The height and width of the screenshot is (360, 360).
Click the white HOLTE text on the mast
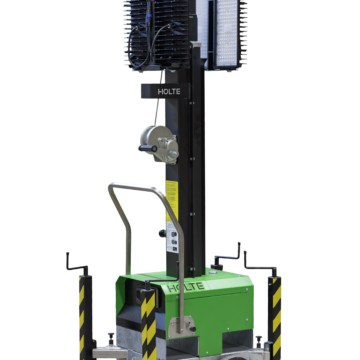(x=169, y=92)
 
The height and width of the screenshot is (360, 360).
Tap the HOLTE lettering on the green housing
(x=185, y=287)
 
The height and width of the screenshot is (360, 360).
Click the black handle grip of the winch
(x=148, y=148)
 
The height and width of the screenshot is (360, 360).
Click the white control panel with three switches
(x=172, y=236)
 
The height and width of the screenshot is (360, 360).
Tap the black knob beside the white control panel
(x=162, y=233)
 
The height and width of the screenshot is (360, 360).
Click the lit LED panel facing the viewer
(x=227, y=33)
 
